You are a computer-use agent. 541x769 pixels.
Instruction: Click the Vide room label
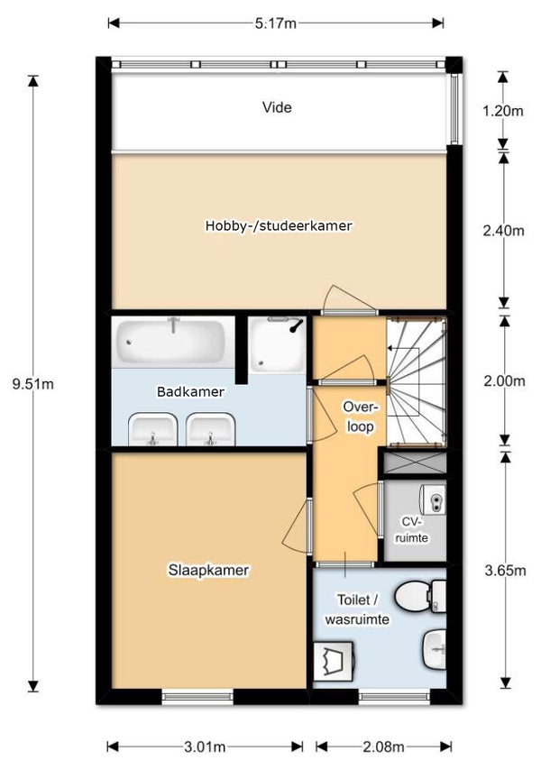pyautogui.click(x=277, y=107)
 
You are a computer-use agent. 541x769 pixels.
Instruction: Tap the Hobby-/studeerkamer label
pyautogui.click(x=279, y=225)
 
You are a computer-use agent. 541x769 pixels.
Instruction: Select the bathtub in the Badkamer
pyautogui.click(x=171, y=340)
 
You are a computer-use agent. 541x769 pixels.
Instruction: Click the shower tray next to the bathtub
pyautogui.click(x=277, y=344)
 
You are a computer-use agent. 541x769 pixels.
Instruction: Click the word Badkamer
pyautogui.click(x=190, y=392)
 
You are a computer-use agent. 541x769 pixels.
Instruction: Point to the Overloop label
pyautogui.click(x=361, y=417)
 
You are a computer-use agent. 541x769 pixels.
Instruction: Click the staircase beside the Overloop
pyautogui.click(x=417, y=382)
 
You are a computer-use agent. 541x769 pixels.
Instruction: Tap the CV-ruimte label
pyautogui.click(x=411, y=529)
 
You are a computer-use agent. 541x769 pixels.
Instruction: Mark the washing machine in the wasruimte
pyautogui.click(x=334, y=661)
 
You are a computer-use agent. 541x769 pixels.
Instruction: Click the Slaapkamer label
pyautogui.click(x=208, y=571)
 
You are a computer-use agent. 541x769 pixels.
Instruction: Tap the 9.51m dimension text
pyautogui.click(x=33, y=384)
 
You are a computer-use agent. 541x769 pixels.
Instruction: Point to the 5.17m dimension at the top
pyautogui.click(x=276, y=23)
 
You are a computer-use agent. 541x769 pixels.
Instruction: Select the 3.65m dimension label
pyautogui.click(x=505, y=571)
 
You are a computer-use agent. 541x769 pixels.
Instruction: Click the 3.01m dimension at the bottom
pyautogui.click(x=205, y=747)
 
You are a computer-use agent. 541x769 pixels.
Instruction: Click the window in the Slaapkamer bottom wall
pyautogui.click(x=197, y=696)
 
